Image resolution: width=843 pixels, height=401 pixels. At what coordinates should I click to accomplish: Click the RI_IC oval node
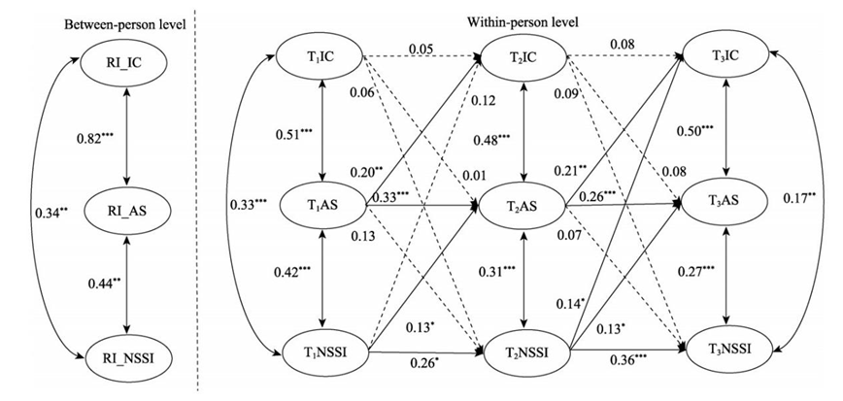pos(127,64)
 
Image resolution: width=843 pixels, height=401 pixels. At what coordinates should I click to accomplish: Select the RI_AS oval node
pos(127,206)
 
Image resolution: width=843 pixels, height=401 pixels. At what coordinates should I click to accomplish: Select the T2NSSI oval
pos(524,352)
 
